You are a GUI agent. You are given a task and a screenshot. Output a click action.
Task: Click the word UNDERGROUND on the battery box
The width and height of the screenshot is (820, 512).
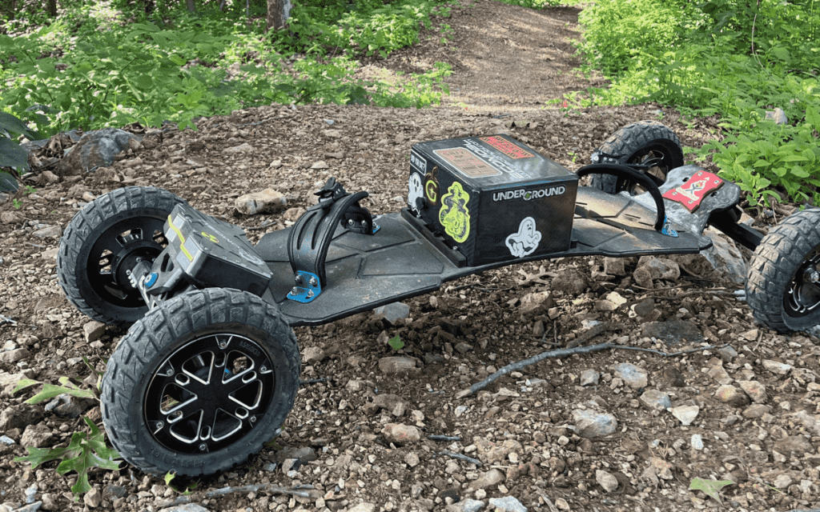tap(529, 194)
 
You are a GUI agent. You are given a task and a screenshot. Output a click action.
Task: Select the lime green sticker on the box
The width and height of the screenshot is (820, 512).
tap(455, 212)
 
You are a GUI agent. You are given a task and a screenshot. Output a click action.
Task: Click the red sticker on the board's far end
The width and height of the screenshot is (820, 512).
tap(692, 189)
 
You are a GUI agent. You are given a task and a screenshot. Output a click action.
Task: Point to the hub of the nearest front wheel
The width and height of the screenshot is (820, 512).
tap(210, 392)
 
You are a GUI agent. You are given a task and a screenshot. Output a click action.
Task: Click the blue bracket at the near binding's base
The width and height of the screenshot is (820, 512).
tap(305, 286)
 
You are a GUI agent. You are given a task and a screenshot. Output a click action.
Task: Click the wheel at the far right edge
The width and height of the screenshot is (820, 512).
tap(787, 272)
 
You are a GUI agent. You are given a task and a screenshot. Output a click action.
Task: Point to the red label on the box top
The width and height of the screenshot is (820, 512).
tap(505, 147)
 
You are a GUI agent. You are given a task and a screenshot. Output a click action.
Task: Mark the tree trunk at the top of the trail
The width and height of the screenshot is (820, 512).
tap(277, 13)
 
